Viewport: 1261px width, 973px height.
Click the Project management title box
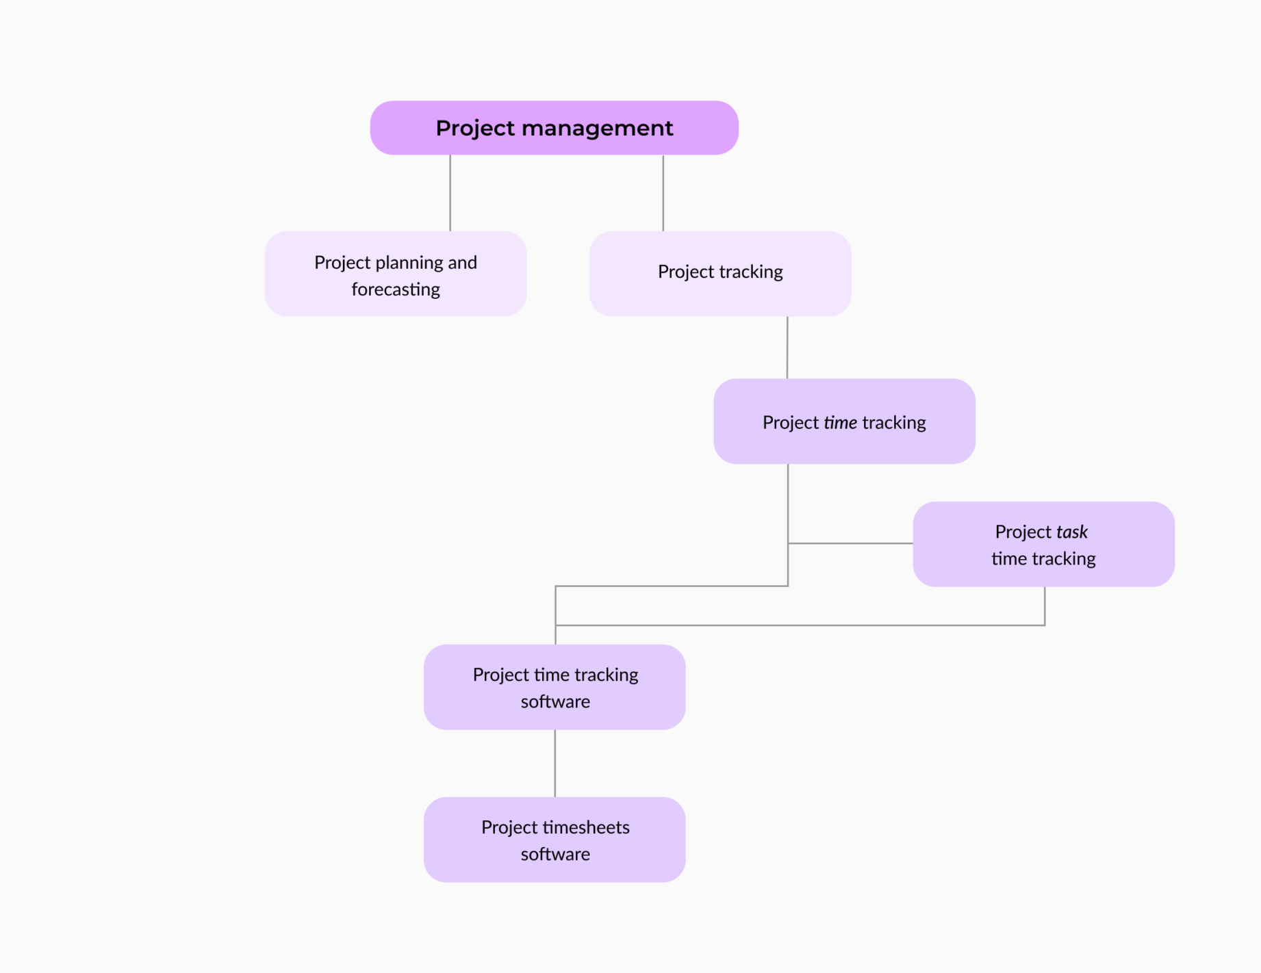click(x=554, y=128)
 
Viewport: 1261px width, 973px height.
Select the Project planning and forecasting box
click(x=395, y=274)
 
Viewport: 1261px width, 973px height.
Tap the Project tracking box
click(x=719, y=274)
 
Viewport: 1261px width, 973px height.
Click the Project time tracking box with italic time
click(x=843, y=421)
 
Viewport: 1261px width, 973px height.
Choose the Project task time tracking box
click(x=1043, y=545)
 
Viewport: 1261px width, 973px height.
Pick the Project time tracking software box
click(x=554, y=687)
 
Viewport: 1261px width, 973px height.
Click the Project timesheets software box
click(x=554, y=840)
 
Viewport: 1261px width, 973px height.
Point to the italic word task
click(x=1071, y=532)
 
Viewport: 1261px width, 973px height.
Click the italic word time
click(x=840, y=422)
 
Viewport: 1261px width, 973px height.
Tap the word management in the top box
click(x=597, y=128)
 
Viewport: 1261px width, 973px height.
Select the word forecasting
click(x=396, y=289)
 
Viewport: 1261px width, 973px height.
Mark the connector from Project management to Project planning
click(x=450, y=193)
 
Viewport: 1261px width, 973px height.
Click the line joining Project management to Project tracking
click(x=663, y=193)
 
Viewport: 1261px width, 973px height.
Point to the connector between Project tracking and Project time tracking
click(x=787, y=347)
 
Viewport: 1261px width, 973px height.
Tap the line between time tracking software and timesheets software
click(x=555, y=763)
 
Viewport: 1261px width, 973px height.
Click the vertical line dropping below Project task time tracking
click(x=1045, y=606)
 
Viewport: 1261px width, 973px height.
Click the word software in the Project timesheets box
click(x=555, y=854)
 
